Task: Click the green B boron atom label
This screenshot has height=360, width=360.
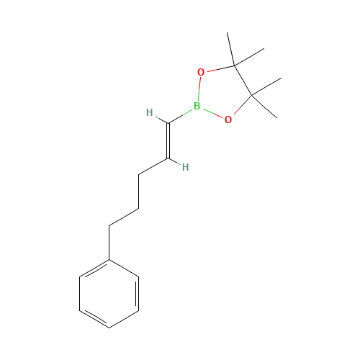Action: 197,106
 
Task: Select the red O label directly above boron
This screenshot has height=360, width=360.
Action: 201,72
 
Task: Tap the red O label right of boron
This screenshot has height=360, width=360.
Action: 228,120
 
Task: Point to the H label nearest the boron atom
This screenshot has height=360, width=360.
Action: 150,112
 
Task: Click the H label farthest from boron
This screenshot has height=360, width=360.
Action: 185,167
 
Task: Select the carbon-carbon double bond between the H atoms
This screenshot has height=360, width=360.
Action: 168,141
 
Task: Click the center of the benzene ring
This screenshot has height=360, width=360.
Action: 109,294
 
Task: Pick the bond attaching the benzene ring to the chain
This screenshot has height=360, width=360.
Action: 109,243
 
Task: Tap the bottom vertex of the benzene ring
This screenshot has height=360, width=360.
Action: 109,328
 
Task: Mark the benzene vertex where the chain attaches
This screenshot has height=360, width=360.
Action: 109,260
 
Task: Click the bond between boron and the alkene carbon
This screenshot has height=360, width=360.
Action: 180,117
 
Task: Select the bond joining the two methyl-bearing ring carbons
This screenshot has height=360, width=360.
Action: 243,81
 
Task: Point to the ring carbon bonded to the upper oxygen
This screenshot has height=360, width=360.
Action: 234,66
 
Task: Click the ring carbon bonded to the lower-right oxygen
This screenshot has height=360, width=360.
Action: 252,96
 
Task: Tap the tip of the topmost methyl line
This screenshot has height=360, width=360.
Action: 227,32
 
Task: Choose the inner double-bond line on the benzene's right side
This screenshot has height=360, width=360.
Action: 136,294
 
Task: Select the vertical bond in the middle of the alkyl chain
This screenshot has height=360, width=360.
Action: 139,192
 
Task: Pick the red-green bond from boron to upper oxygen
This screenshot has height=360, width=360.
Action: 199,89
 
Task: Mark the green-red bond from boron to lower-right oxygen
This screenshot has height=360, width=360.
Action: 212,112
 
